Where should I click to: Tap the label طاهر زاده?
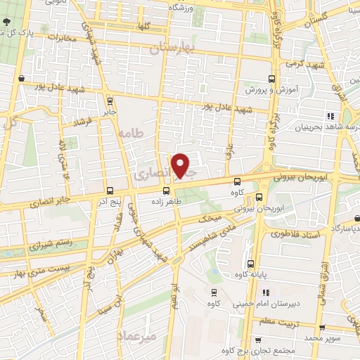tap(166, 200)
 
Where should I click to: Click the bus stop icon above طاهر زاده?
tap(166, 190)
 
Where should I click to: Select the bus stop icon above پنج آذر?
tap(109, 191)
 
